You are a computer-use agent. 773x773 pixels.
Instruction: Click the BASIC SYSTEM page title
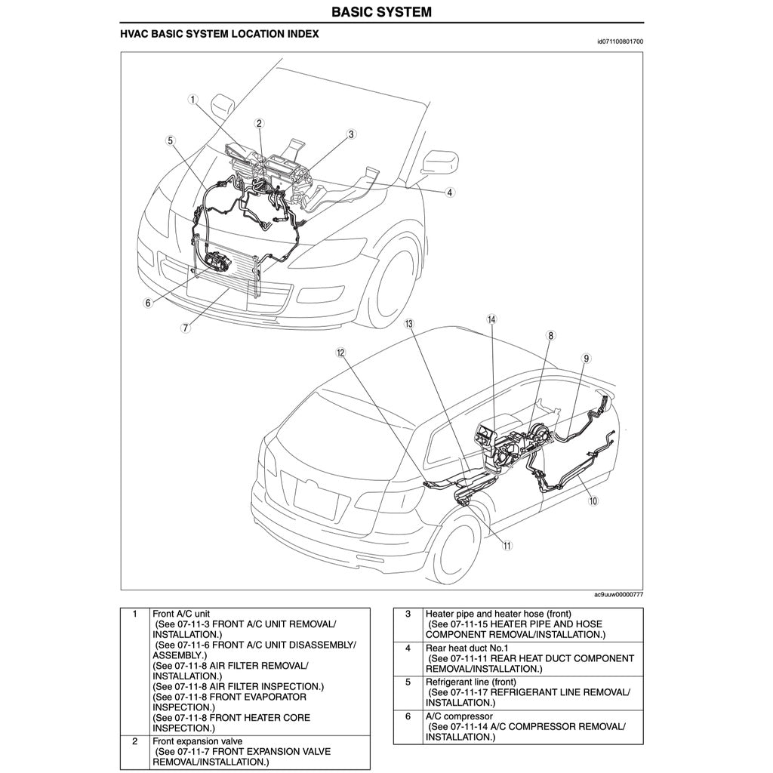point(382,12)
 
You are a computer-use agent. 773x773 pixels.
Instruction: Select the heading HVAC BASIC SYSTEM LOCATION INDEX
point(220,35)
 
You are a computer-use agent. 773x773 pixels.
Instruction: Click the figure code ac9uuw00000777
point(618,595)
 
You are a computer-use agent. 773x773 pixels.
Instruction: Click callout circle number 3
point(351,134)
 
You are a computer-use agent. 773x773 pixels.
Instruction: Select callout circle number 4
point(449,192)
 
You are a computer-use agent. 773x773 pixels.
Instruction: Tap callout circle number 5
point(171,140)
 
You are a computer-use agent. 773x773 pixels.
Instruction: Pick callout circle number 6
point(149,303)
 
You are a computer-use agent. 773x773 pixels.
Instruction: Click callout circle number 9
point(586,359)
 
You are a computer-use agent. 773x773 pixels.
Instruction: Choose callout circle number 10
point(593,500)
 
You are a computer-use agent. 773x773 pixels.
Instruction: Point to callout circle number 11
point(507,545)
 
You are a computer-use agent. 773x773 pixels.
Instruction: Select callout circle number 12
point(341,353)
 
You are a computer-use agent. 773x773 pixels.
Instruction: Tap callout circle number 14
point(491,319)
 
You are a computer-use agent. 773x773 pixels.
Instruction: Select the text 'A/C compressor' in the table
point(459,716)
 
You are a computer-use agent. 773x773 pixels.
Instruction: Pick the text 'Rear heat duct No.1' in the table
point(467,648)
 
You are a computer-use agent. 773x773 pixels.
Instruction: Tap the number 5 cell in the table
point(408,682)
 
